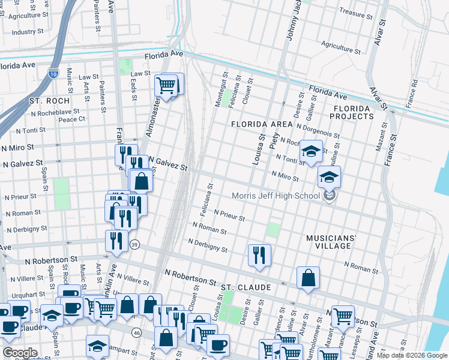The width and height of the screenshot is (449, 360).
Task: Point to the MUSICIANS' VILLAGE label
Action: (x=336, y=242)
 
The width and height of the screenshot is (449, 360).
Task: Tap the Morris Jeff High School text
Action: (x=277, y=196)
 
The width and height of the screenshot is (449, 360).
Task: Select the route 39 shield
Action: (x=135, y=245)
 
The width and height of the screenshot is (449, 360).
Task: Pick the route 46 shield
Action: (x=136, y=332)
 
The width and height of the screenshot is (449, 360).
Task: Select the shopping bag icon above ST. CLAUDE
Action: (x=308, y=277)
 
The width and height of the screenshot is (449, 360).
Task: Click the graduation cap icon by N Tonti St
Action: (x=311, y=151)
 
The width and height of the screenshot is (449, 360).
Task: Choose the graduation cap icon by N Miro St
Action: (x=329, y=176)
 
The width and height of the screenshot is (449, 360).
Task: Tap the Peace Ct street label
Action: (x=71, y=119)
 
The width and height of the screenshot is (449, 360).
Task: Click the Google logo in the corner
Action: (x=20, y=353)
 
